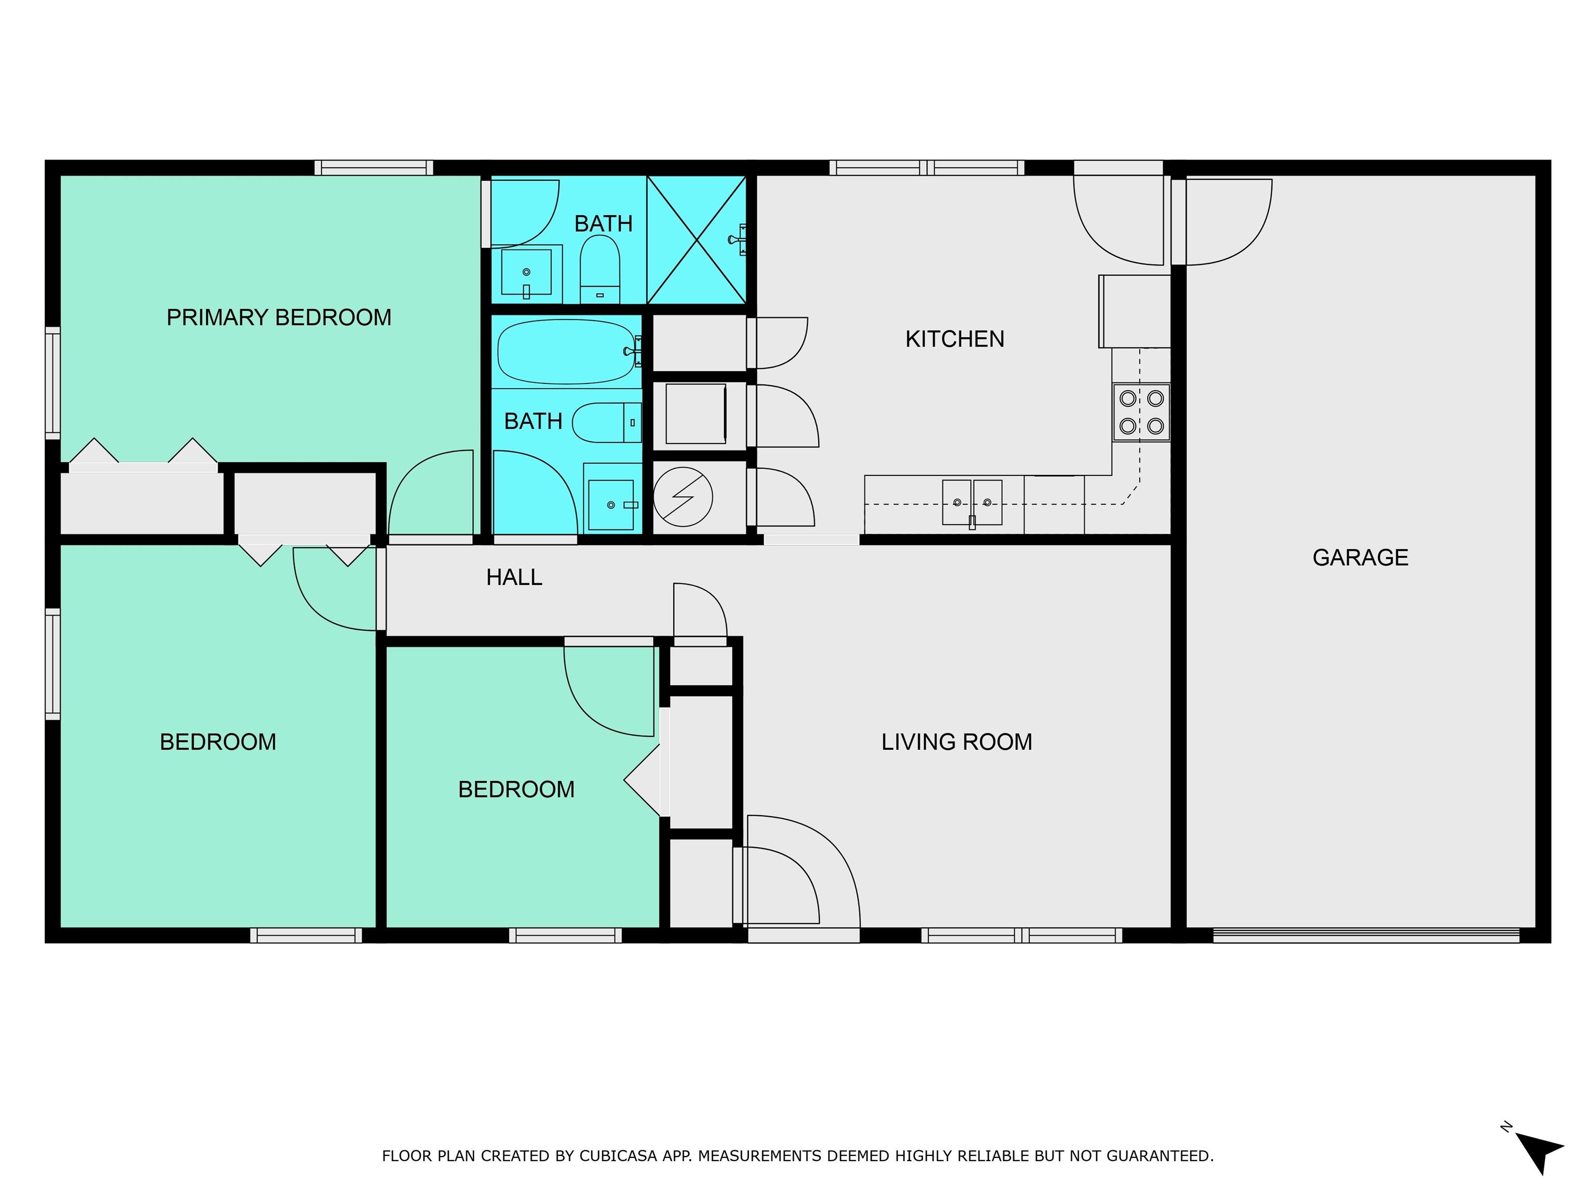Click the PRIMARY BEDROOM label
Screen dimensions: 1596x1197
pyautogui.click(x=278, y=317)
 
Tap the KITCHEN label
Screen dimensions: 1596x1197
pyautogui.click(x=954, y=339)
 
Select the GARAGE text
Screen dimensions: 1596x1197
pyautogui.click(x=1360, y=558)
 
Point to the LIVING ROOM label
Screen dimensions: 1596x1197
pyautogui.click(x=957, y=742)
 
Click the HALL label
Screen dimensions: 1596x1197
pyautogui.click(x=514, y=577)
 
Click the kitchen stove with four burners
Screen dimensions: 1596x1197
pyautogui.click(x=1141, y=412)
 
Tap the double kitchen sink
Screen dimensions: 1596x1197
pyautogui.click(x=972, y=503)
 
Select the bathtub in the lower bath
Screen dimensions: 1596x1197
pyautogui.click(x=567, y=351)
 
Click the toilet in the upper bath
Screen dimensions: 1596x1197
pyautogui.click(x=600, y=269)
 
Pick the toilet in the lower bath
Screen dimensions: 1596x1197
pyautogui.click(x=607, y=422)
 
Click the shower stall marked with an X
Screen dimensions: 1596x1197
pyautogui.click(x=696, y=240)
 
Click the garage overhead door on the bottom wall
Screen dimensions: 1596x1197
pyautogui.click(x=1366, y=935)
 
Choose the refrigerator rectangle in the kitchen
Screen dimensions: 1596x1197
pyautogui.click(x=1134, y=311)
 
